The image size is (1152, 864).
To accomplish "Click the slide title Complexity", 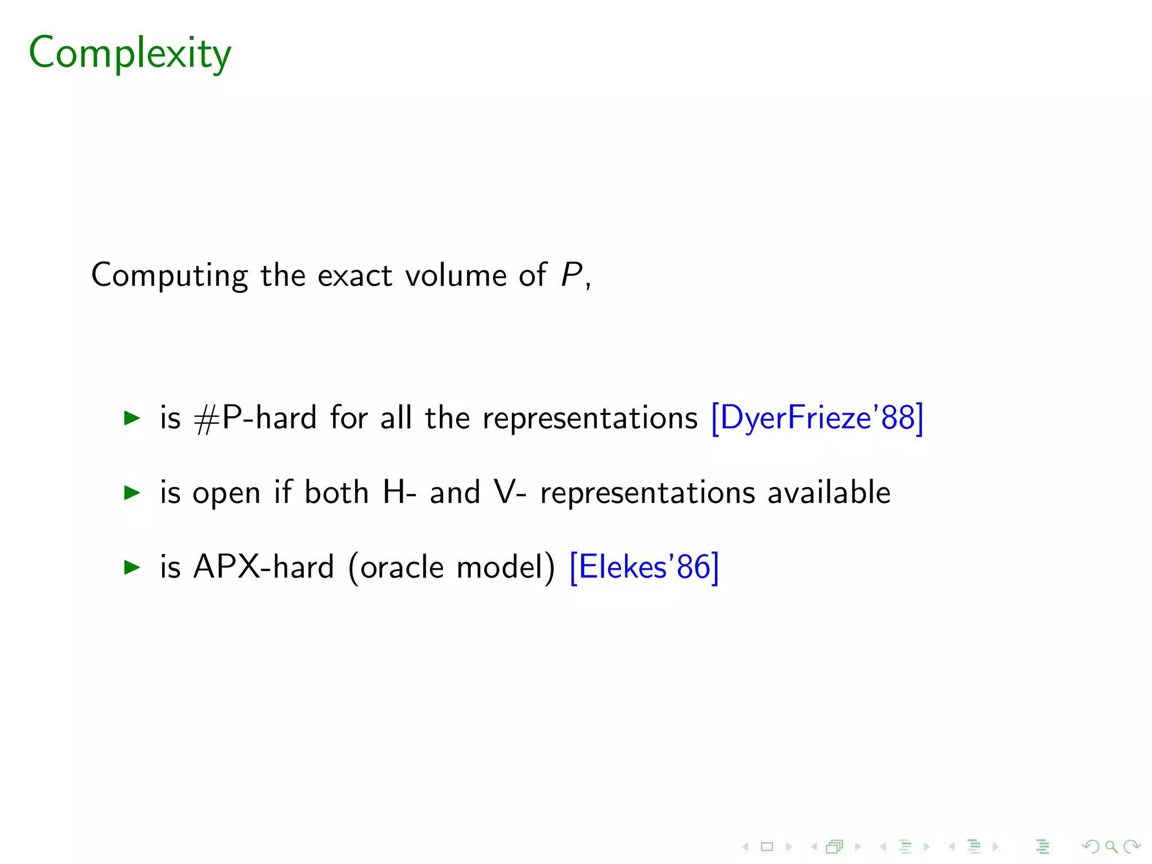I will coord(130,53).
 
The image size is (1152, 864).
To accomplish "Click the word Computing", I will coord(169,276).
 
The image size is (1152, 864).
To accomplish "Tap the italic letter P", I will coord(571,275).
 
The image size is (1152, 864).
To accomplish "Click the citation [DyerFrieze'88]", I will coord(817,418).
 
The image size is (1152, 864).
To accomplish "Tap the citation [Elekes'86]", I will coord(644,567).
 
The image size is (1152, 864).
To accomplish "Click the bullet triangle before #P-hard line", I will coord(132,418).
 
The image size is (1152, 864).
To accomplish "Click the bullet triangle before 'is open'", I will coord(132,493).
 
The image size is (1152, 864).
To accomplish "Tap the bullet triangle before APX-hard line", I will coord(132,567).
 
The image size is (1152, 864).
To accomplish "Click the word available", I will coord(829,493).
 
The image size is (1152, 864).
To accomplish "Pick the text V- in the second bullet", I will coord(510,493).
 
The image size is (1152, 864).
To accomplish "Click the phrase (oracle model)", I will coord(452,567).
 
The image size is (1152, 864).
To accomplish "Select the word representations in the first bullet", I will coord(590,418).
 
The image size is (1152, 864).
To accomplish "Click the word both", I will coord(336,493).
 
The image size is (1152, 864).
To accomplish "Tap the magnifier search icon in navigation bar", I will coord(1111,847).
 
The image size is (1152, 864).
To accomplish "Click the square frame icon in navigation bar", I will coord(767,847).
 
